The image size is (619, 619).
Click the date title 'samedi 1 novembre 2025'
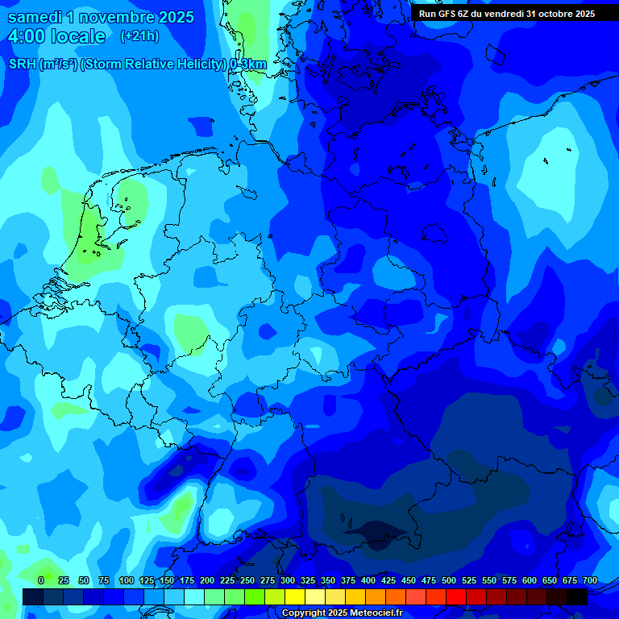(x=101, y=17)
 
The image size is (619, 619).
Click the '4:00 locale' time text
(x=56, y=36)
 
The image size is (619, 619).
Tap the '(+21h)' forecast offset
(x=139, y=36)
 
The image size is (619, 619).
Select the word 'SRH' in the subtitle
(x=23, y=64)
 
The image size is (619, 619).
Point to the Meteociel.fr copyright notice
(x=342, y=613)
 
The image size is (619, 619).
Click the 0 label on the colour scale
(x=41, y=580)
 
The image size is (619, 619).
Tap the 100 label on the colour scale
(x=127, y=580)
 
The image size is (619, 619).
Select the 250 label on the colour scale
(x=247, y=580)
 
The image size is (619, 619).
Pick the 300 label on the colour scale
(x=288, y=580)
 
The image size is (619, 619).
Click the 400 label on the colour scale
(x=368, y=580)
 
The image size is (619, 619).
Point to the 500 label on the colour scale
(x=449, y=580)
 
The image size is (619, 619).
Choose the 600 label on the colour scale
(x=530, y=580)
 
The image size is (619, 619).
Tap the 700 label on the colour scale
(x=589, y=580)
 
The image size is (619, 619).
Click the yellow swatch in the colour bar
(x=295, y=596)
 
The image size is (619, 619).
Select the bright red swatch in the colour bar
(x=456, y=596)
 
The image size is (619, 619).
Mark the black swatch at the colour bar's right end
(x=577, y=596)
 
